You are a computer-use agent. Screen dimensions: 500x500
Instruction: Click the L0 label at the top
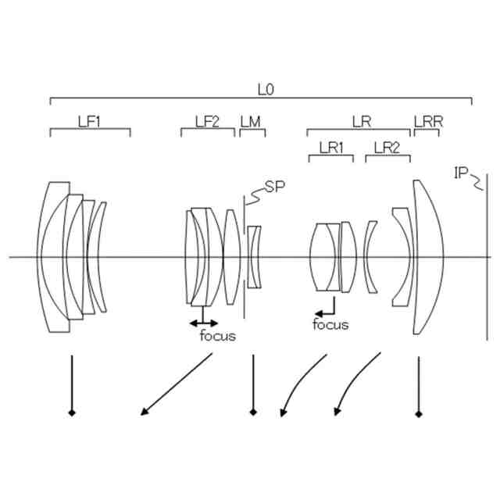tap(266, 89)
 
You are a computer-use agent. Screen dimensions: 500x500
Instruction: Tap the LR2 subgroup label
tap(387, 147)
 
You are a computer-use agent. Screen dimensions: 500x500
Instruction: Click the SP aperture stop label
tap(273, 186)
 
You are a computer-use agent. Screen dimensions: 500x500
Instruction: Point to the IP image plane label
tap(462, 172)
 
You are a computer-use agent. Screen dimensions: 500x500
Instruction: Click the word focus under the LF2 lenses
tap(217, 337)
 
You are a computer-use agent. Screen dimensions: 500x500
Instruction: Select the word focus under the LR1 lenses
tap(330, 325)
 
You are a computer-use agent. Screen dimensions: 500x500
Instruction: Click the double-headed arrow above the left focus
tap(204, 322)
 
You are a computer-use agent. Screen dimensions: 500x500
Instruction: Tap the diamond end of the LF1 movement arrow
tap(72, 412)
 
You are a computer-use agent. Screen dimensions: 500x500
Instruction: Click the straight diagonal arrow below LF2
tap(176, 384)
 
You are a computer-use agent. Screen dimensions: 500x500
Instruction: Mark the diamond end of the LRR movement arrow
tap(420, 413)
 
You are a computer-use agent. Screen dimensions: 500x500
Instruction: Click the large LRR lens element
tap(429, 257)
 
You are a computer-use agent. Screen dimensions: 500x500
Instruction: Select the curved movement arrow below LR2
tap(355, 384)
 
